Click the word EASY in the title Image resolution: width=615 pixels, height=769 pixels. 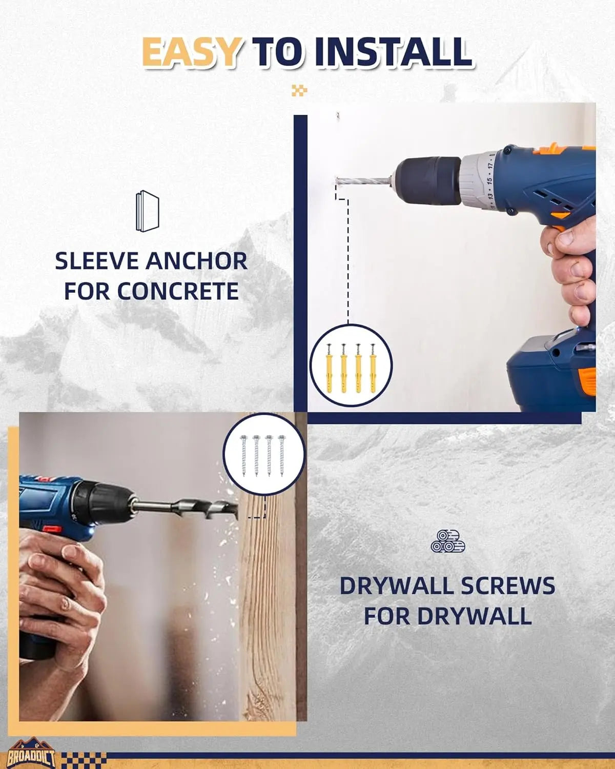(x=191, y=52)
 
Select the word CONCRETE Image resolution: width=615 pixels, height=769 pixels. (x=178, y=291)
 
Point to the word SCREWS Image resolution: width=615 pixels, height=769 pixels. (x=507, y=585)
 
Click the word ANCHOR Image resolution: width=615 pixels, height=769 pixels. (x=196, y=261)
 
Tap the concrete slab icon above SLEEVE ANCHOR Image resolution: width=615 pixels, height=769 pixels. (x=147, y=211)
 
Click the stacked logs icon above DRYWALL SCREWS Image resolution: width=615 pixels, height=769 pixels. (x=447, y=541)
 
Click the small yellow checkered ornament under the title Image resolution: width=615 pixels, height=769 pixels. (x=299, y=90)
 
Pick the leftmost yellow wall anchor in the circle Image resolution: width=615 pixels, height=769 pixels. (x=329, y=368)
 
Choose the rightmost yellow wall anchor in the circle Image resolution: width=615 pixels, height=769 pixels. (x=373, y=368)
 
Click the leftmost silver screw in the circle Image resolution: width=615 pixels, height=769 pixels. (x=244, y=456)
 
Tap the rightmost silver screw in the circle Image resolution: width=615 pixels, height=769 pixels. (x=281, y=456)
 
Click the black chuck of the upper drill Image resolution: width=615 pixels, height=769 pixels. (x=428, y=181)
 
